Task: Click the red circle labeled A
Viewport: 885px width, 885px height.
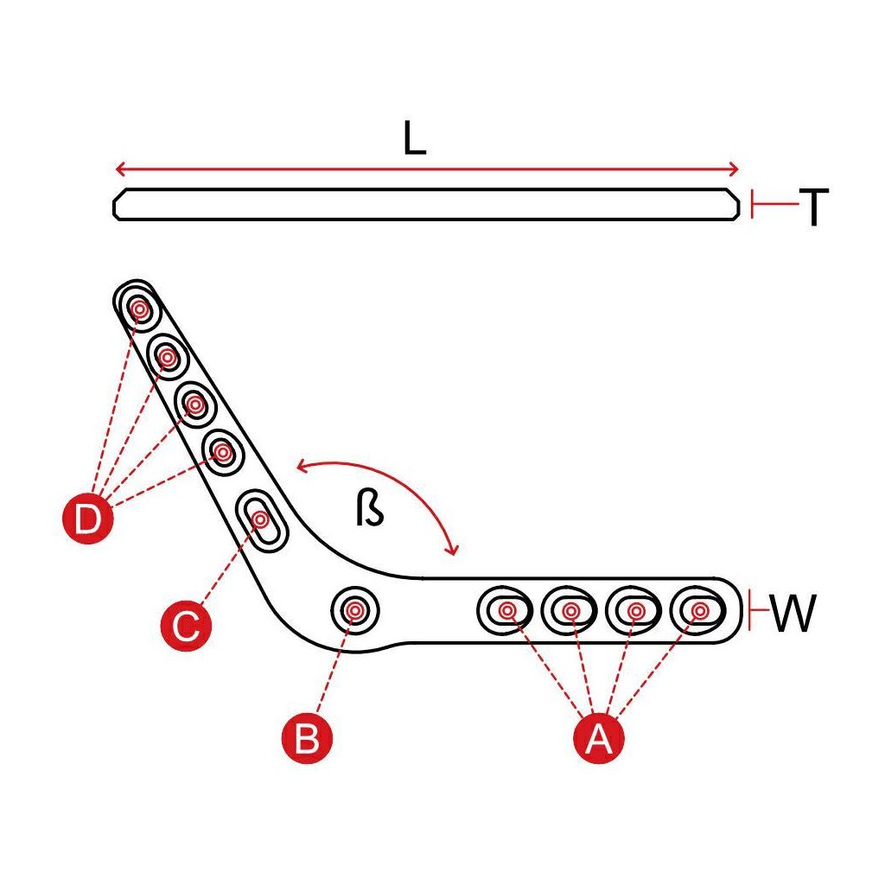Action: [598, 738]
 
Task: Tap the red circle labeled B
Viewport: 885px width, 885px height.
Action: [307, 738]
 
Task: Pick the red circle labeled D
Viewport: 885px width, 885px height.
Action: [88, 519]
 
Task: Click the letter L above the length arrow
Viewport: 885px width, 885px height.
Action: [415, 138]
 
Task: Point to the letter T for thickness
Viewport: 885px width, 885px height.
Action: [813, 207]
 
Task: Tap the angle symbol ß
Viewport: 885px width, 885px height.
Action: [369, 510]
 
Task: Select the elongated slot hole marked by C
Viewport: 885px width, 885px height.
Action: [261, 519]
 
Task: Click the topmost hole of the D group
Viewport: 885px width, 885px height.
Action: [138, 306]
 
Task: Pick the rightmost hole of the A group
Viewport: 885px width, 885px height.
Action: [698, 611]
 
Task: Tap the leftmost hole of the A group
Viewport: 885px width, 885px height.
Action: [506, 611]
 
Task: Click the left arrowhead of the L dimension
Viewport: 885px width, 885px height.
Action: [119, 169]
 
